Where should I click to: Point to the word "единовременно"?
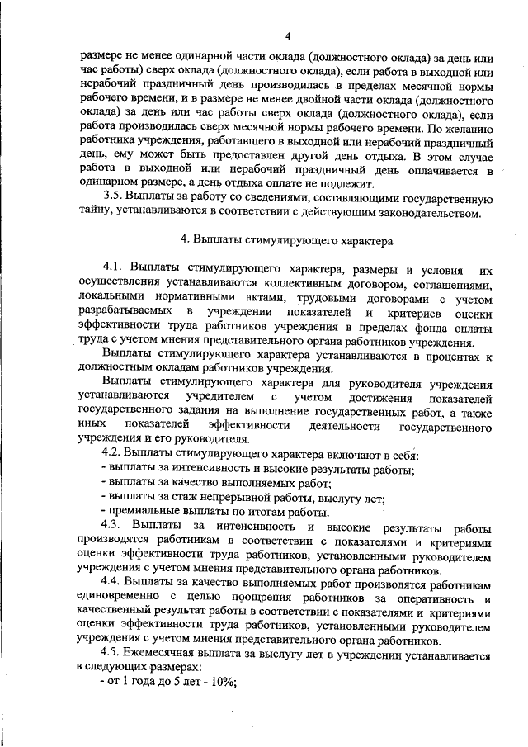coord(116,598)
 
